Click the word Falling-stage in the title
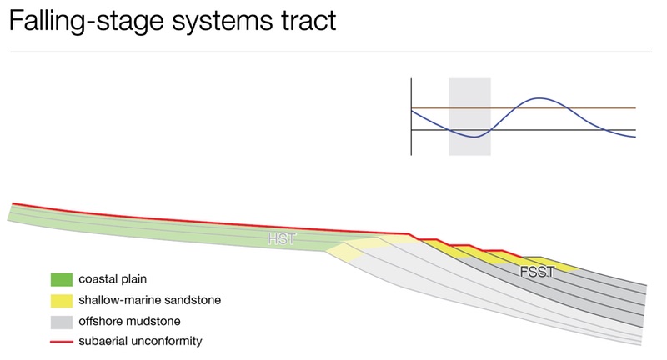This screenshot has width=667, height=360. (87, 20)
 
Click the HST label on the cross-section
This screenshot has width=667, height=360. (282, 238)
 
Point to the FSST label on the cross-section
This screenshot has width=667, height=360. (537, 272)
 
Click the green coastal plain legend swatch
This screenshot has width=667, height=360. (61, 280)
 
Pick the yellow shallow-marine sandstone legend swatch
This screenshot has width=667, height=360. (61, 301)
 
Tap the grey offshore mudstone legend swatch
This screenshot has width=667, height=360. (61, 322)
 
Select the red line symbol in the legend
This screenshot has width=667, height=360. (61, 342)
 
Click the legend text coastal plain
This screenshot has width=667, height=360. (113, 279)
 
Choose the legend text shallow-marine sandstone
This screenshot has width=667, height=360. (150, 300)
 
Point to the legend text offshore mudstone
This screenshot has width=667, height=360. (129, 321)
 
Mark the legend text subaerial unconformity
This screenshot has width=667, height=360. (140, 341)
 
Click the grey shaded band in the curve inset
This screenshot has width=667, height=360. (469, 117)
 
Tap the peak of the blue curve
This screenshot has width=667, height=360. (539, 98)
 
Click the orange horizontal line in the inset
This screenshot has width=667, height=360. (524, 108)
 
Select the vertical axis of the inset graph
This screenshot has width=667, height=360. (411, 117)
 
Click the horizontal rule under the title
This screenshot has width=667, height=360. (331, 52)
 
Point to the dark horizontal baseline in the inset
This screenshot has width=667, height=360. (524, 130)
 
